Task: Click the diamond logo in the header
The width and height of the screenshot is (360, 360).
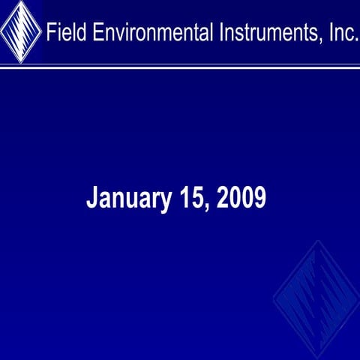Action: tap(20, 31)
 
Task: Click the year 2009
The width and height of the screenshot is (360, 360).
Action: tap(241, 198)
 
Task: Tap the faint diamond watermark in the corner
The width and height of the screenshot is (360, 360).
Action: tap(316, 300)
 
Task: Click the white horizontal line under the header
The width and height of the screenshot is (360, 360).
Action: tap(180, 66)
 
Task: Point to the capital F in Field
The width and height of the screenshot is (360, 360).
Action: tap(51, 33)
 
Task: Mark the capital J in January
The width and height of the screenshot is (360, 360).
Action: tap(92, 199)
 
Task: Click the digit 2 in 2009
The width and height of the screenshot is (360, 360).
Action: tap(223, 198)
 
